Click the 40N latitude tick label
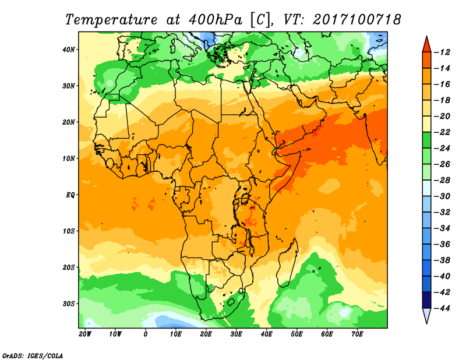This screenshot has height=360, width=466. (x=68, y=50)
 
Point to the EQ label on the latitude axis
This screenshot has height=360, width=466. (x=70, y=195)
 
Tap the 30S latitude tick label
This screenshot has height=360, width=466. (x=68, y=304)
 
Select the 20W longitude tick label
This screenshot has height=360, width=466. (x=84, y=334)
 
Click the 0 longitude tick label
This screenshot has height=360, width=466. (x=145, y=334)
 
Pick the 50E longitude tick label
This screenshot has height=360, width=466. (x=296, y=334)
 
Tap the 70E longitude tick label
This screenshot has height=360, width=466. (x=357, y=334)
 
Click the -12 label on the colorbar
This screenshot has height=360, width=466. (x=442, y=52)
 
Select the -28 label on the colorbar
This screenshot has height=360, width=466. (x=442, y=180)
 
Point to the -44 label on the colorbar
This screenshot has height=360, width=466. (x=442, y=308)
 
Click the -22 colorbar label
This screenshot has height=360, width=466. (x=442, y=132)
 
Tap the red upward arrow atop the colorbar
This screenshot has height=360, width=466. (x=426, y=45)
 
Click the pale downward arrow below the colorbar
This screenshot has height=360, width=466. (x=426, y=316)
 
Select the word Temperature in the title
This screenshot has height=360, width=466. (x=111, y=20)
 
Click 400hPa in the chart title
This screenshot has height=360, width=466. (x=215, y=20)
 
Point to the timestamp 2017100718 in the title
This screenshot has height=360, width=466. (x=356, y=20)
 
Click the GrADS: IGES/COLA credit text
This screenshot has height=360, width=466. (x=33, y=356)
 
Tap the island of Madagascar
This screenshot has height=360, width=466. (x=287, y=263)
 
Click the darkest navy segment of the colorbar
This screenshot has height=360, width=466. (x=426, y=300)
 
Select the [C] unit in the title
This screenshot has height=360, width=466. (x=260, y=20)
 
